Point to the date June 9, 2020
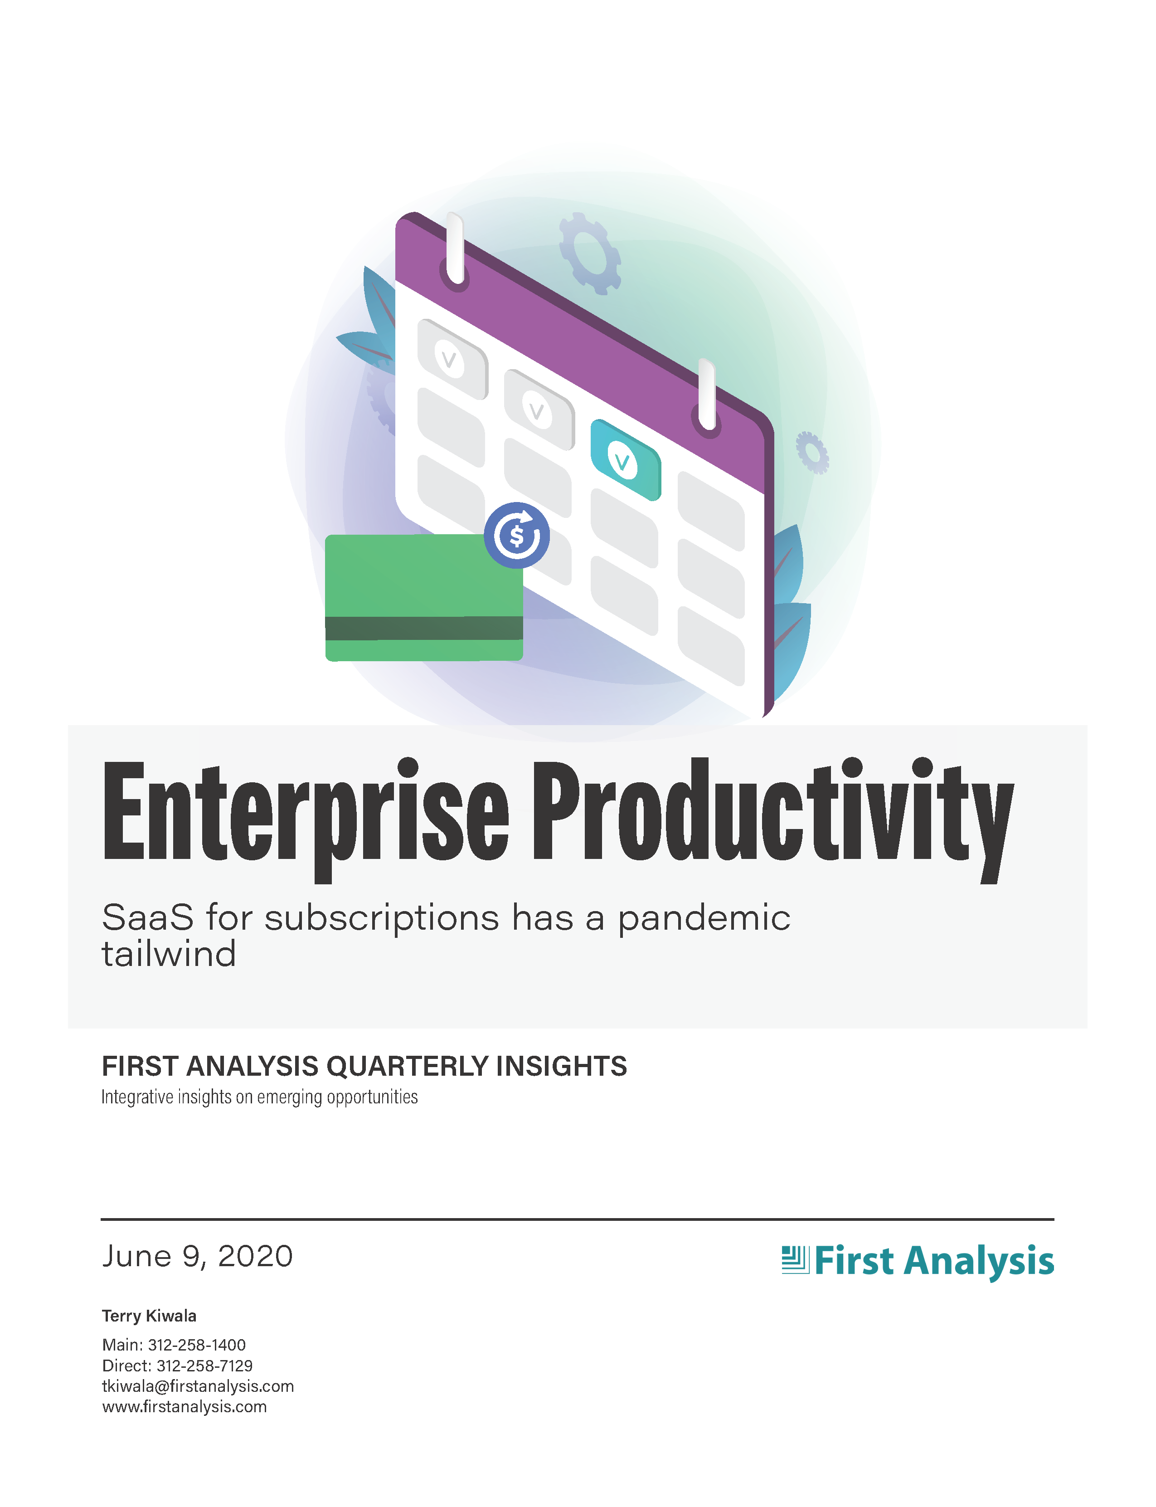click(198, 1256)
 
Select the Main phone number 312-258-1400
click(197, 1345)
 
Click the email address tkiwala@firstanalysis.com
click(198, 1386)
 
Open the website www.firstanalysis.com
click(185, 1406)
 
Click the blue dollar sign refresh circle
click(517, 535)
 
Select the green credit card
click(424, 598)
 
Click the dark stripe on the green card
click(424, 628)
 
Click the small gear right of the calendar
click(813, 452)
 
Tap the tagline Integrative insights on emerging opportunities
click(259, 1097)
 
